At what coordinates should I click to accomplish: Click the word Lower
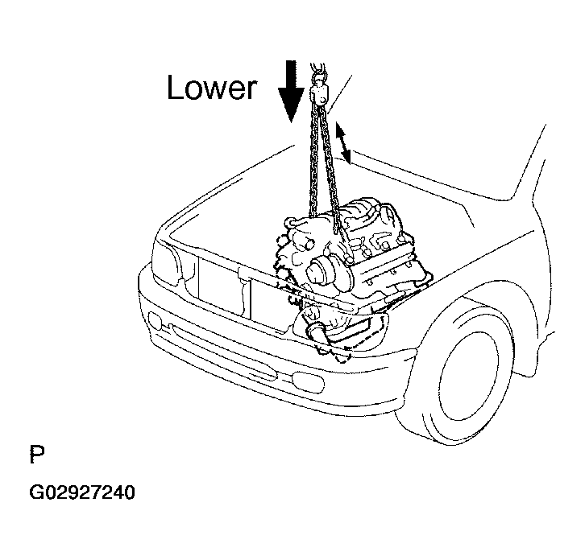pyautogui.click(x=212, y=87)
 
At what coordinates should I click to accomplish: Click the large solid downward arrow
pyautogui.click(x=292, y=91)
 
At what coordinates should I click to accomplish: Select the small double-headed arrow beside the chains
pyautogui.click(x=343, y=143)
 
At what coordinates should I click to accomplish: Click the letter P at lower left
pyautogui.click(x=37, y=454)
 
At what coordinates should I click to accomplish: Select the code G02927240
pyautogui.click(x=81, y=492)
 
